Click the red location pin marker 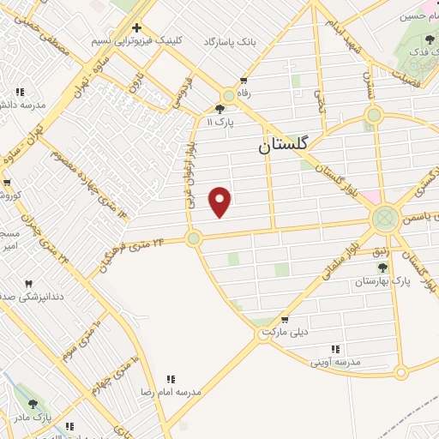click(x=220, y=201)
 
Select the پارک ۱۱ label click(x=220, y=123)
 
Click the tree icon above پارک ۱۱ click(x=220, y=109)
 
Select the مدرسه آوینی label click(x=336, y=363)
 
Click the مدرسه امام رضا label click(x=171, y=391)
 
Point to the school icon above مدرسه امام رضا click(x=171, y=378)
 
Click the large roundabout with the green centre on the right click(x=385, y=218)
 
